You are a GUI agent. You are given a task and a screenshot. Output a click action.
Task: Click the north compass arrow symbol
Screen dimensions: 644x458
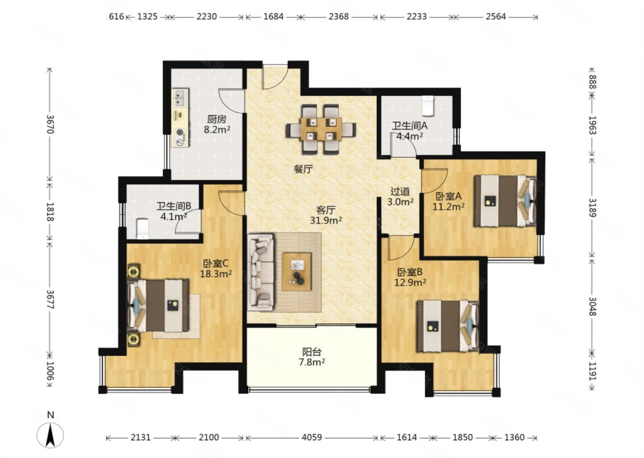pos(50,435)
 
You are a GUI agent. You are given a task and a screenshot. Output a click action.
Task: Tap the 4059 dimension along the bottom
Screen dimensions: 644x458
pos(312,437)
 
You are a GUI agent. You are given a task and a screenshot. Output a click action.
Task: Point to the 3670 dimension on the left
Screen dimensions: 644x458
pos(50,124)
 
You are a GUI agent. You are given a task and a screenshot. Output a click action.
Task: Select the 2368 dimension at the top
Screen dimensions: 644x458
pos(339,17)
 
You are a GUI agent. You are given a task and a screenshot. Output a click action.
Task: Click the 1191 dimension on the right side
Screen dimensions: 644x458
pos(593,371)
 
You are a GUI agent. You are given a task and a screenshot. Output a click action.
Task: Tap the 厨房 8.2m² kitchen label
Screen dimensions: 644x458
pos(217,124)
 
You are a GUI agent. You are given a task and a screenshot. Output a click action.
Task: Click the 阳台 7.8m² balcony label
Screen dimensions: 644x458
pos(312,357)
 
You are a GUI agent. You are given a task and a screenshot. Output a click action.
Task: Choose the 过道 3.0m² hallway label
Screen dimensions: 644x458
pos(400,196)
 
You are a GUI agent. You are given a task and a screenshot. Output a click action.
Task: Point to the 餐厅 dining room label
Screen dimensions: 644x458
pos(303,169)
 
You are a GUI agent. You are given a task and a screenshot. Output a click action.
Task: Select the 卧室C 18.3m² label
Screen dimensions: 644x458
pos(216,268)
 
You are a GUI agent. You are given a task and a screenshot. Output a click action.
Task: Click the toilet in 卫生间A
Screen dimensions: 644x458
pos(428,106)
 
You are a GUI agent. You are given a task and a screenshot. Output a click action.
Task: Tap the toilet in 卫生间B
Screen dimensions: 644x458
pos(143,229)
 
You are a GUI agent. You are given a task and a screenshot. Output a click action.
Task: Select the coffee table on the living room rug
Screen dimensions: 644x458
pos(297,271)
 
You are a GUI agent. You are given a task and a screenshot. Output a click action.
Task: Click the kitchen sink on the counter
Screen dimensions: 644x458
pos(180,98)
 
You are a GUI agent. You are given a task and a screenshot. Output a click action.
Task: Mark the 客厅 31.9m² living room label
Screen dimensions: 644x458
pos(326,215)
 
